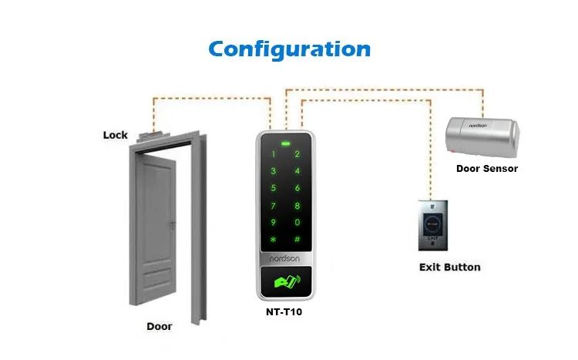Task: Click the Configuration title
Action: click(289, 49)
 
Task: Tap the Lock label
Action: click(115, 135)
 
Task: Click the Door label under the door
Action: click(160, 326)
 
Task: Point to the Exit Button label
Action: click(449, 267)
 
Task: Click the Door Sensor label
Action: click(487, 168)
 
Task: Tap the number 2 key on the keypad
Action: click(297, 154)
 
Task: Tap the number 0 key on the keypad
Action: click(297, 222)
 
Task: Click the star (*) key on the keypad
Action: click(272, 240)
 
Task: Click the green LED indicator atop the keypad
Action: click(285, 142)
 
